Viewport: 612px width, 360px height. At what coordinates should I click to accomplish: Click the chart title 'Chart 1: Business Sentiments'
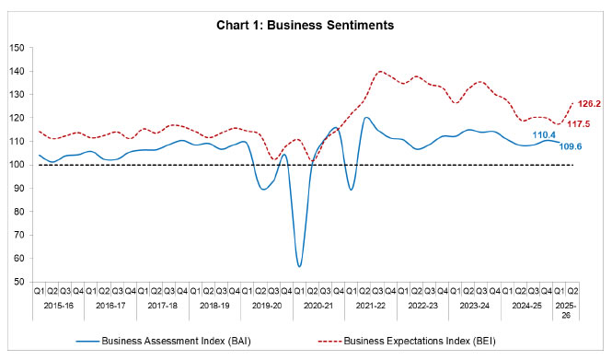pos(306,26)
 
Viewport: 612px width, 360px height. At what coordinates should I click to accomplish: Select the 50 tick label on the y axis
pos(21,282)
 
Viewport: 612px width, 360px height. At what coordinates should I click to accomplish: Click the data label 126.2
pos(589,104)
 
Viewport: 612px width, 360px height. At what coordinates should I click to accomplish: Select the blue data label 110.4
pos(545,134)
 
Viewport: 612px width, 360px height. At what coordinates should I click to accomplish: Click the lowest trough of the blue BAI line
pos(299,266)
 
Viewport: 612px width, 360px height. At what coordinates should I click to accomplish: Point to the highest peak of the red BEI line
pos(380,71)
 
